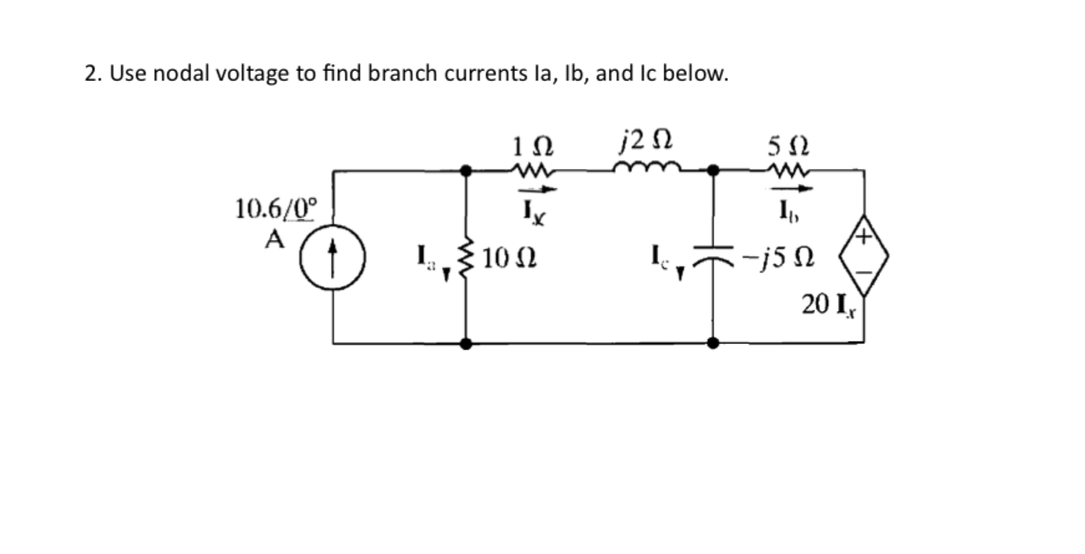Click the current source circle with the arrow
coord(332,257)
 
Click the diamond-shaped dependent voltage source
coord(863,255)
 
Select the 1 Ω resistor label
coord(533,147)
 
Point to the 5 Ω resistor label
coord(788,147)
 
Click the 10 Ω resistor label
coord(509,257)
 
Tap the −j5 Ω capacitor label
coord(783,257)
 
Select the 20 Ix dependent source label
coord(828,305)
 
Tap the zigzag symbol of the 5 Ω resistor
coord(789,170)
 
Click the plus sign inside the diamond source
coord(863,237)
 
